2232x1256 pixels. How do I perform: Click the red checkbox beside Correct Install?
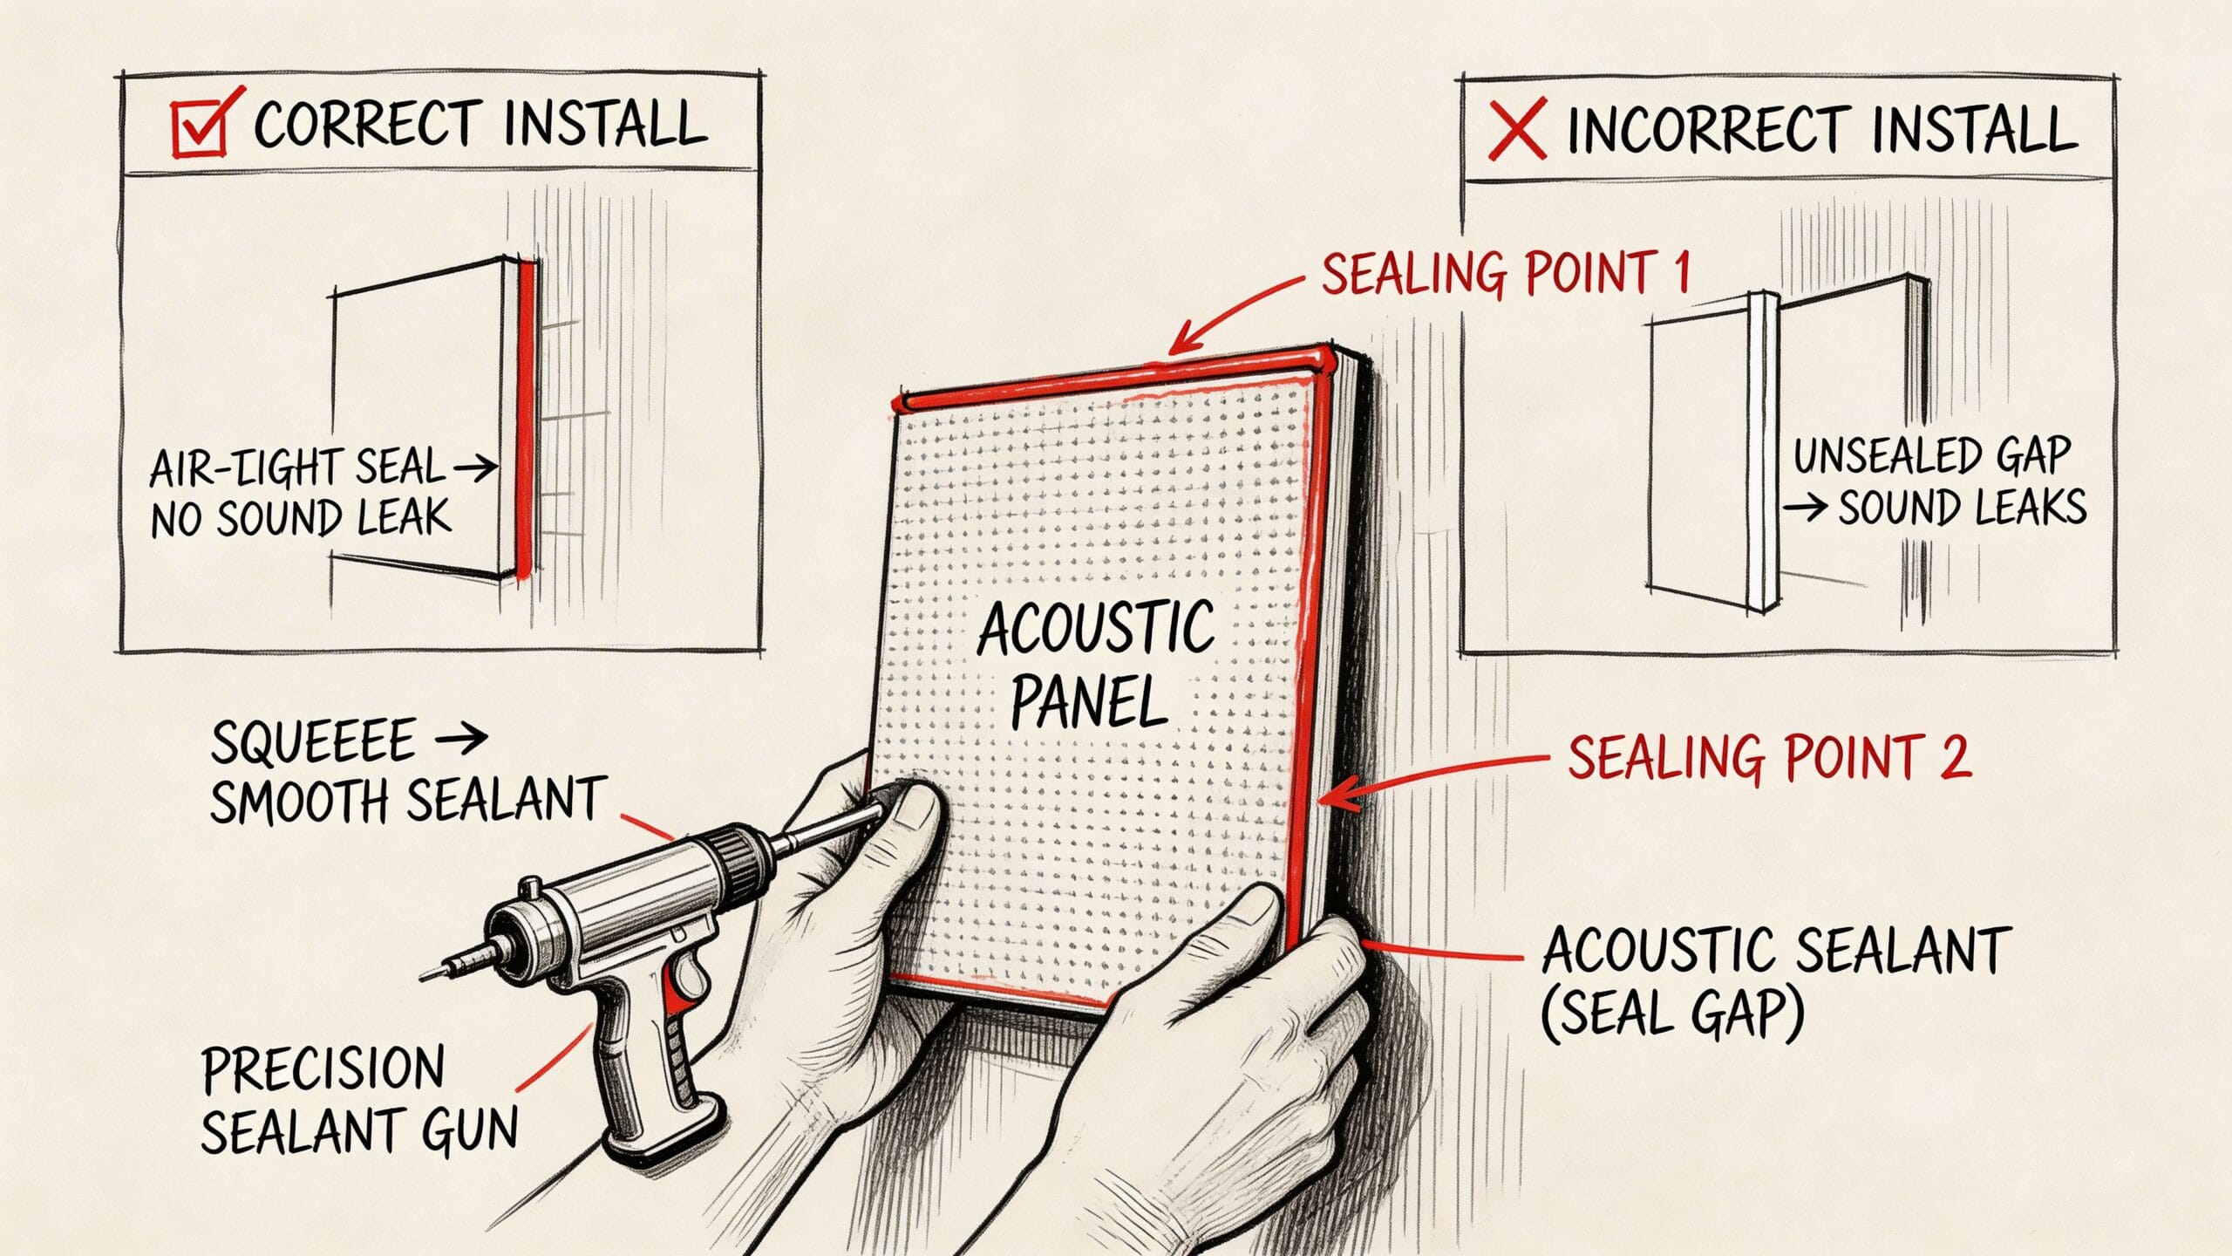[x=199, y=127]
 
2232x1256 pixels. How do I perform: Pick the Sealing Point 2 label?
[x=1769, y=757]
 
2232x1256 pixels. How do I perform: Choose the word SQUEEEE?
[x=312, y=742]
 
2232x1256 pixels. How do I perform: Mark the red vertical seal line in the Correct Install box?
[x=525, y=419]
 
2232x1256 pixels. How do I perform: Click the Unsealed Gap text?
[x=1931, y=455]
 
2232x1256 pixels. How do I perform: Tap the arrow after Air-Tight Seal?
[x=476, y=470]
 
